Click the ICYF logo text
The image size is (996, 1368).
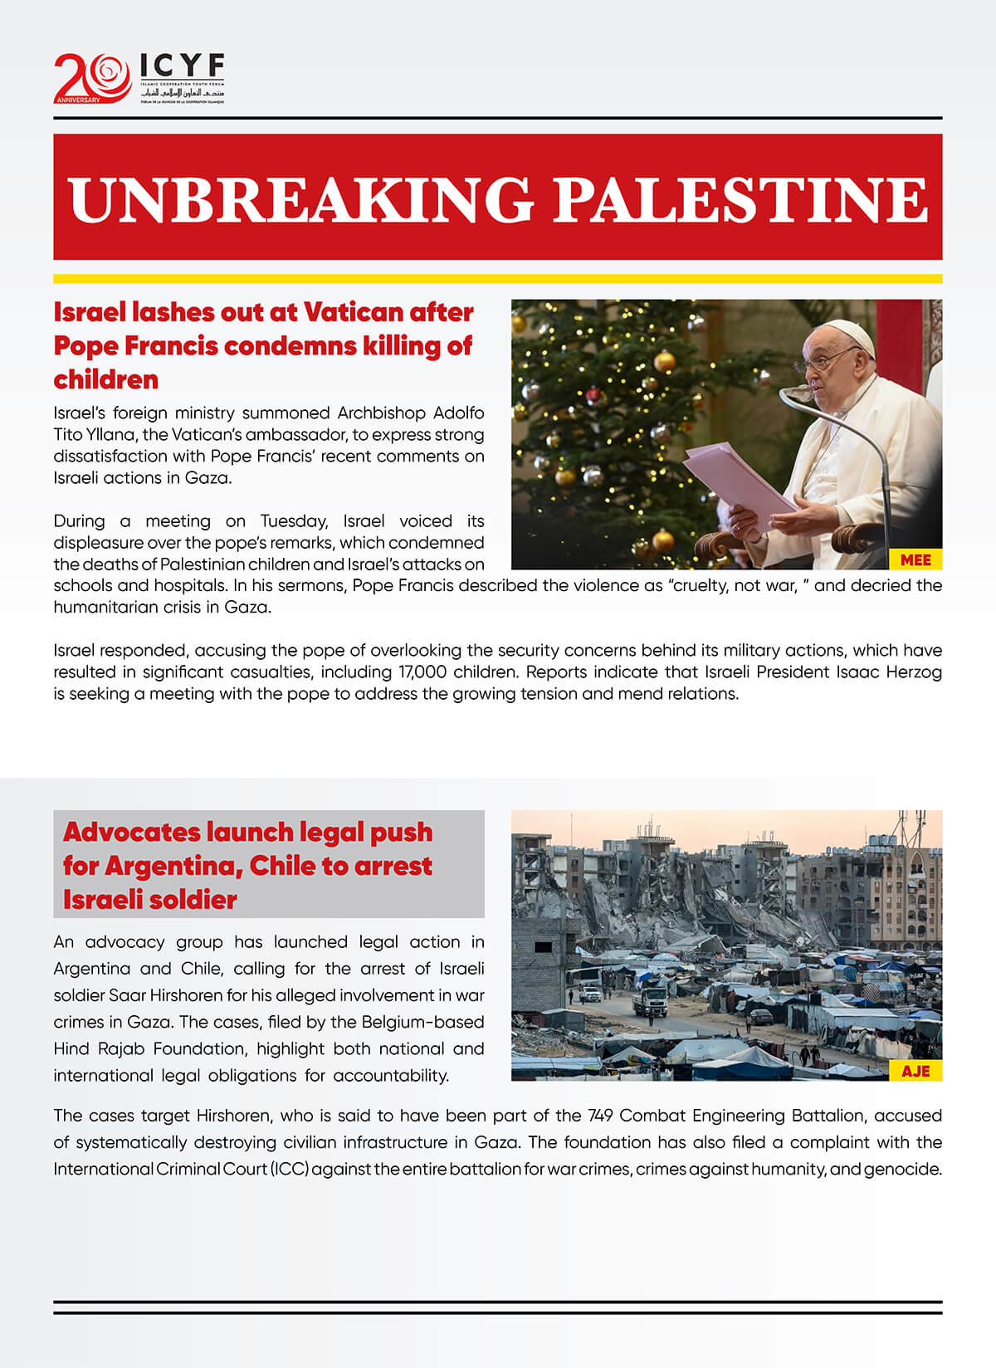182,66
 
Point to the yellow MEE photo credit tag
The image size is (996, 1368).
915,560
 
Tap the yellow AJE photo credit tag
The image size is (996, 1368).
915,1071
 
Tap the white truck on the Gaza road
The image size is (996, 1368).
649,1000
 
